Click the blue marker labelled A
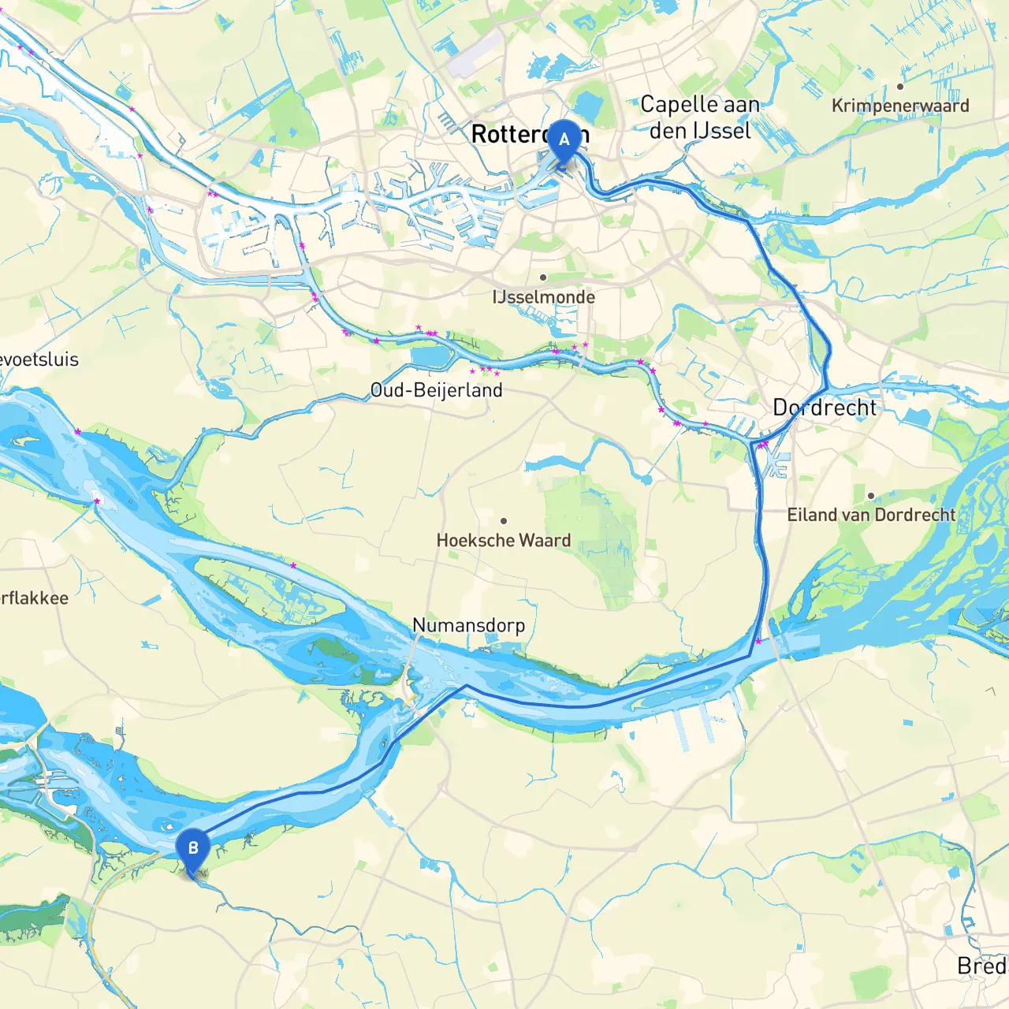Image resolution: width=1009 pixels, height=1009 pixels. (564, 140)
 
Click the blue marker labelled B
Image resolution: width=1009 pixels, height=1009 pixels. (192, 850)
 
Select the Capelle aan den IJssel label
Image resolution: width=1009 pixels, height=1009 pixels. (699, 117)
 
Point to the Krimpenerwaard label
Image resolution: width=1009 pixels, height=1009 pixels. (900, 106)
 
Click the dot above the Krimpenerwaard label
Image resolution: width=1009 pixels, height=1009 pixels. (900, 87)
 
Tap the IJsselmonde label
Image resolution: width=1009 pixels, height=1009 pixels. (543, 297)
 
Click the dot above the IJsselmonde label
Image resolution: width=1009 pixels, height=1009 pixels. (543, 277)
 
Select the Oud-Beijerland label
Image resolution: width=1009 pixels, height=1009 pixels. (436, 390)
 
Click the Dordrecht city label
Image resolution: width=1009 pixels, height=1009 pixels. (824, 408)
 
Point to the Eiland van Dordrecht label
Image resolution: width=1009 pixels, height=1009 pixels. (871, 515)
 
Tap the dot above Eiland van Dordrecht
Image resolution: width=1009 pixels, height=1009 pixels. (871, 496)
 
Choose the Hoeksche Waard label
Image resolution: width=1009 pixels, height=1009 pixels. (504, 541)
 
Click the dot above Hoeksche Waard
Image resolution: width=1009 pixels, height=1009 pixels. (504, 521)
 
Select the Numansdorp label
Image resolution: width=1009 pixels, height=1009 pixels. (468, 625)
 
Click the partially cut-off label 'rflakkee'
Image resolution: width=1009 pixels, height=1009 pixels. (34, 598)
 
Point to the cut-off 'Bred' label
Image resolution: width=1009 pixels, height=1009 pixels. (981, 966)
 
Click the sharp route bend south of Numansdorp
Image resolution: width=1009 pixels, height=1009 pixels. (465, 687)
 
